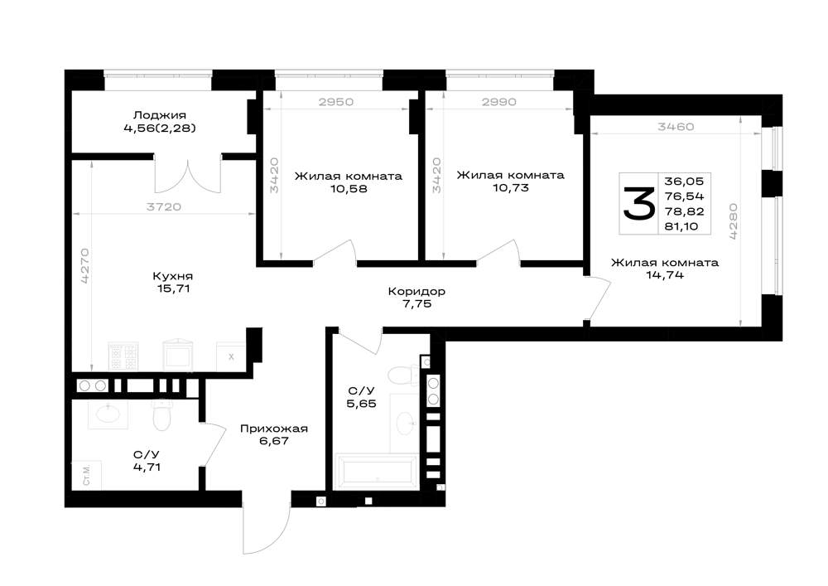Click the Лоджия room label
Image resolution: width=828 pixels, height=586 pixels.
pos(160,115)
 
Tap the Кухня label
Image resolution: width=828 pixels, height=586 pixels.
pos(173,276)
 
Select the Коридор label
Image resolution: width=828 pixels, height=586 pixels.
pos(416,291)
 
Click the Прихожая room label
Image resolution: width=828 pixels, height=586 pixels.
pos(273,429)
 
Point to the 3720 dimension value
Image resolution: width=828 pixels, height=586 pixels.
pos(164,207)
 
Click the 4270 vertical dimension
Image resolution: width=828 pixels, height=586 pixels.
pos(85,266)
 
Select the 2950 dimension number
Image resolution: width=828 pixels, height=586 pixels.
pos(336,102)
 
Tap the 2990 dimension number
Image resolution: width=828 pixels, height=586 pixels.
pos(499,102)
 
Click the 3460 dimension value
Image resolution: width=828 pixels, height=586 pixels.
pos(676,127)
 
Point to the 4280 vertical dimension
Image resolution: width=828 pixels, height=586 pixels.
pos(734,222)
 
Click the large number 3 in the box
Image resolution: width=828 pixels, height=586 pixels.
pos(639,203)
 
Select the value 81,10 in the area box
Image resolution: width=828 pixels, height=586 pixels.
pos(681,226)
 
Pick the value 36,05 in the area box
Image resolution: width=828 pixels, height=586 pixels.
pos(684,182)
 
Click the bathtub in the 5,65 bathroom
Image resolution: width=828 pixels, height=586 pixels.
pos(377,471)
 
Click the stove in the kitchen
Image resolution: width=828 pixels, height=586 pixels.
pos(123,356)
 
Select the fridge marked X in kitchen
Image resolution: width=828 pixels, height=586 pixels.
pos(231,356)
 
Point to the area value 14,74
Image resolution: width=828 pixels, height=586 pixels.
pos(665,275)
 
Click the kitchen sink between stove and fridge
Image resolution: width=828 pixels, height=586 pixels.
pos(177,356)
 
